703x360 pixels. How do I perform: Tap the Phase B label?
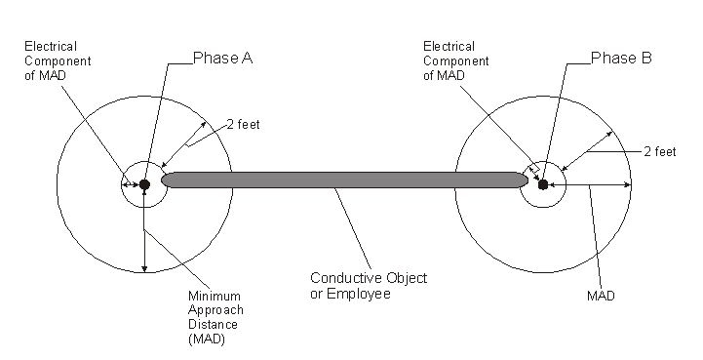tap(621, 59)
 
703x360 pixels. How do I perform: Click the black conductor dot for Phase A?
tap(144, 184)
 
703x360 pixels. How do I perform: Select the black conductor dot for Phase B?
tap(543, 184)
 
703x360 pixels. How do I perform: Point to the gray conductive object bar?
tap(341, 180)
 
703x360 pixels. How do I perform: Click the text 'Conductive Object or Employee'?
tap(368, 285)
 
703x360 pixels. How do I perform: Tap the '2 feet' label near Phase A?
tap(244, 124)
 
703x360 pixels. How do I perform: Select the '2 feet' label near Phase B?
tap(659, 151)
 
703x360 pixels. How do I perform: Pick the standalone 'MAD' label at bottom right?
tap(601, 296)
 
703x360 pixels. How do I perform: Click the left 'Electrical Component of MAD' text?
tap(51, 60)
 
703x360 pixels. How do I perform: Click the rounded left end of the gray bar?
tap(168, 180)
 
